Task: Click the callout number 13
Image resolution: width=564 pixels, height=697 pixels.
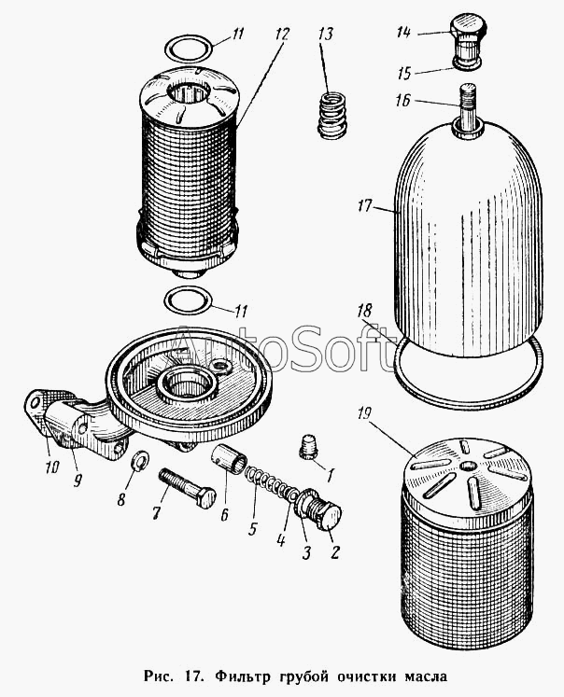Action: [326, 35]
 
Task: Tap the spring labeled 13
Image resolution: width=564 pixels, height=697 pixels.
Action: [332, 115]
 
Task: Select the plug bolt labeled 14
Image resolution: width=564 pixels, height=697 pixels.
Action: [469, 40]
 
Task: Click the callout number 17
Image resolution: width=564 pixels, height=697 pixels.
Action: [364, 206]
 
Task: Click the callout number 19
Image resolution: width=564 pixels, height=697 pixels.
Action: [364, 414]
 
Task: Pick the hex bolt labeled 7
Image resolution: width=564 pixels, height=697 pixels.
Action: [188, 489]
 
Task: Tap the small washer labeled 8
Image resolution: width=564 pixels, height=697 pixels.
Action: [141, 459]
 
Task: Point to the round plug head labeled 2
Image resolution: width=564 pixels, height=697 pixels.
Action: [330, 517]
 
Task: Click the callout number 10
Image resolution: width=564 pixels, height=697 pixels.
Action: [51, 467]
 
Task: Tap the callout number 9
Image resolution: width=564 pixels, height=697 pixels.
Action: [78, 481]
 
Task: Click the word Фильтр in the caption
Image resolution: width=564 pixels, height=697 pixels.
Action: [244, 676]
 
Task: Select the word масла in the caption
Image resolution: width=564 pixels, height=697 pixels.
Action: [425, 677]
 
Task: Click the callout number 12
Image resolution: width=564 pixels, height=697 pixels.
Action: [282, 35]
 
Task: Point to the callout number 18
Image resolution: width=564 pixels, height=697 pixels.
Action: [364, 311]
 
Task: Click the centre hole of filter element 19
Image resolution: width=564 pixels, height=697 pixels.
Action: [468, 467]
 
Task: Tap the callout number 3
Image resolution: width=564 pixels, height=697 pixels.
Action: [306, 552]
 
